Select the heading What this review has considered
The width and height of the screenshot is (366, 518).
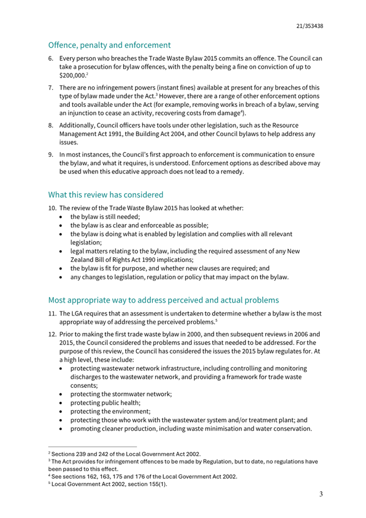click(x=106, y=194)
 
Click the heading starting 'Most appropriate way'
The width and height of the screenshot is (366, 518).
click(x=163, y=299)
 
